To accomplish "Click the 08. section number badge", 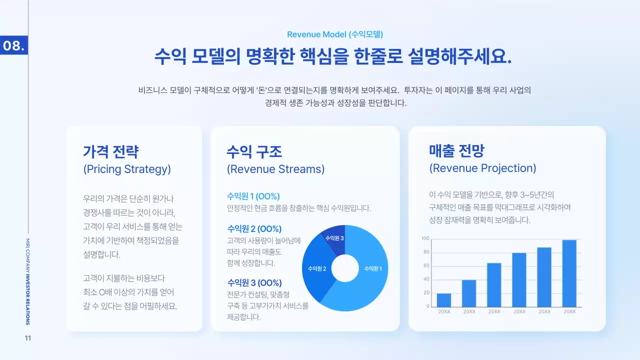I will (13, 45).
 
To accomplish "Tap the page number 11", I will (28, 338).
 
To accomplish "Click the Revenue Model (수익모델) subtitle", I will (335, 34).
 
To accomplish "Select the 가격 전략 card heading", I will (110, 151).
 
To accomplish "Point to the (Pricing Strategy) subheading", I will (127, 169).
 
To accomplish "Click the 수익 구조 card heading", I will (254, 151).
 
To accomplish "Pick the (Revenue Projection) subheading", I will (482, 168).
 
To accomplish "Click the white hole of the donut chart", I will (345, 268).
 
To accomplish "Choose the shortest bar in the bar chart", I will (443, 300).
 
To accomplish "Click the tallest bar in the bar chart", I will (569, 273).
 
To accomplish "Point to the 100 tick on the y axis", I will (425, 238).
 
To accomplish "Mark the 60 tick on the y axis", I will (426, 266).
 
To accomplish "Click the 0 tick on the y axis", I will (428, 306).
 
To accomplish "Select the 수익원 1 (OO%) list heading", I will (253, 196).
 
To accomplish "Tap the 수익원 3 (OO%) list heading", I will (254, 282).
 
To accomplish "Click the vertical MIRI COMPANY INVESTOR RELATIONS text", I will (27, 281).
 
